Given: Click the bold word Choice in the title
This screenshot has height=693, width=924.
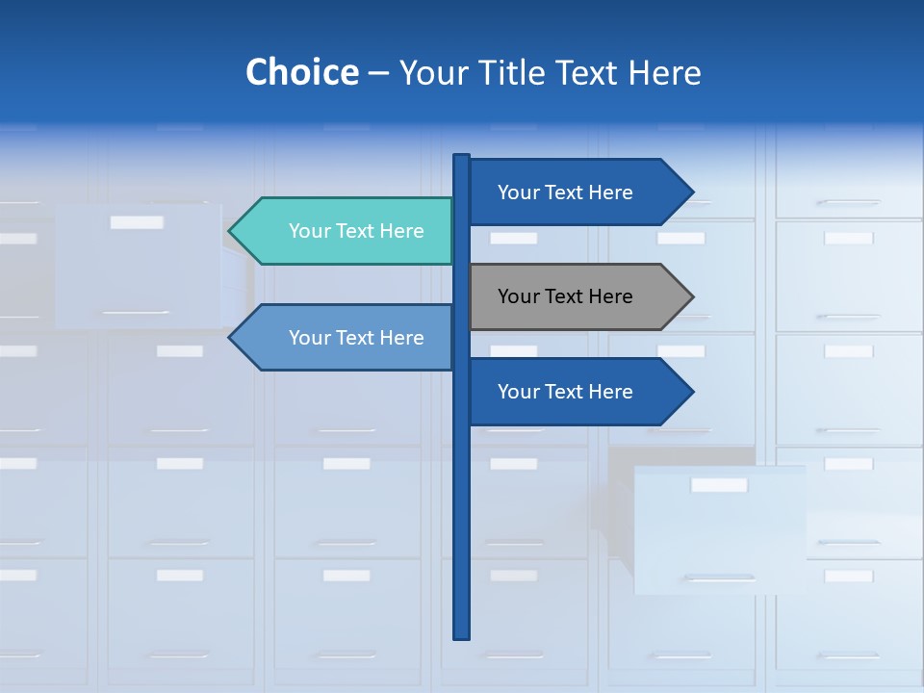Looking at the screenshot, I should [x=301, y=72].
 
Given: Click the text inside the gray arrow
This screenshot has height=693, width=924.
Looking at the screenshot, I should [x=565, y=296].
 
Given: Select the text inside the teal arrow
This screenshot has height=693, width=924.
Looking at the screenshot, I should [x=356, y=231].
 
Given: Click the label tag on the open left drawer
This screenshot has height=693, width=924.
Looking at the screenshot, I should [x=137, y=222].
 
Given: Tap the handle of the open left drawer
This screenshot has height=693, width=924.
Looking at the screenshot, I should [x=136, y=312].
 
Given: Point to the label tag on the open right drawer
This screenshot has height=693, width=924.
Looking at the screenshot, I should [x=719, y=485].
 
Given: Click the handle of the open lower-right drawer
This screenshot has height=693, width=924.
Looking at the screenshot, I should [x=720, y=578].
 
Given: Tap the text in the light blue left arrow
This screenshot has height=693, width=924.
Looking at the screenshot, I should [x=356, y=338].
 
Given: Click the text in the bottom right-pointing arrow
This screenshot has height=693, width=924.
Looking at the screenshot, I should [x=565, y=392].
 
